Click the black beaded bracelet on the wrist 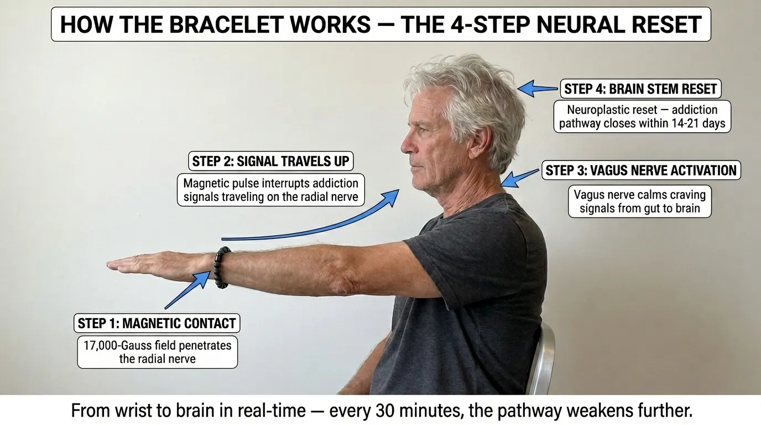coord(222,268)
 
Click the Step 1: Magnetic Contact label coord(157,323)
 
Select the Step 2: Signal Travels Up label coord(271,161)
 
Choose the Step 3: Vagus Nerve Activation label coord(641,170)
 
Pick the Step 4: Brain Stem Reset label coord(640,89)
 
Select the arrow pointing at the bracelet coord(187,289)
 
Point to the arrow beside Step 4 coord(538,89)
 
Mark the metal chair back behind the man coord(541,360)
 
